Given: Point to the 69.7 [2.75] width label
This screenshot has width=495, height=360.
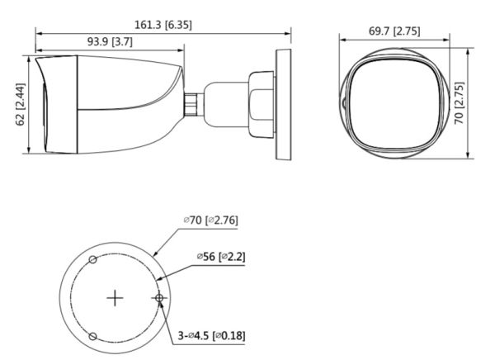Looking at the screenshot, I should [394, 31].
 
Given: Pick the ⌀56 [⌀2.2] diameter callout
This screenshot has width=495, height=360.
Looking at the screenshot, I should [220, 257].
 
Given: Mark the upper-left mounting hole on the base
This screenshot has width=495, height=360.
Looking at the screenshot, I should [93, 260].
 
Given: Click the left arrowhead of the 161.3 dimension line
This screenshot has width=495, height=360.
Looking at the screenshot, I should [37, 34].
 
